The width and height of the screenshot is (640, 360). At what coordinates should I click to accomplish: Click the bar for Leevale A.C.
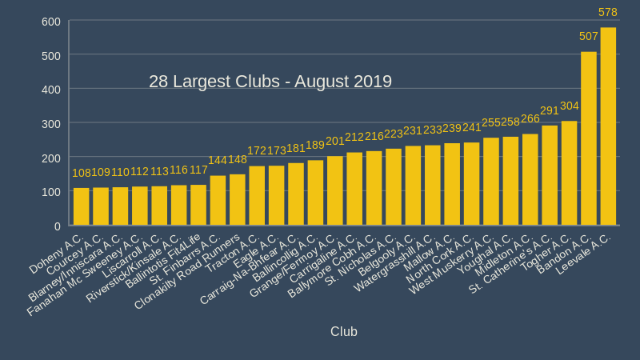[608, 126]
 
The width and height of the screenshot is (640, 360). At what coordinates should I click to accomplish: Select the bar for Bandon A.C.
[589, 138]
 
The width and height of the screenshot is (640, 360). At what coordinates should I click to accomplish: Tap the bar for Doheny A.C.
[81, 207]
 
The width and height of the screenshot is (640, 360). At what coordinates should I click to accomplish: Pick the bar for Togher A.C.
[569, 174]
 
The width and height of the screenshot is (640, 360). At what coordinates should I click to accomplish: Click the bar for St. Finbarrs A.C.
[218, 201]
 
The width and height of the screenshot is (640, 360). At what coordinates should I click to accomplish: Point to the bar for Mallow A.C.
[452, 185]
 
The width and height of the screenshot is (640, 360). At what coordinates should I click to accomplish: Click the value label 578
[608, 12]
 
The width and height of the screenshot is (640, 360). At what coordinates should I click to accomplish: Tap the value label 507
[589, 36]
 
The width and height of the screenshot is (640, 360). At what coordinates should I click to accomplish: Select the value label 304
[570, 106]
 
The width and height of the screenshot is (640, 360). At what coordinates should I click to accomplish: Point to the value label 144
[218, 160]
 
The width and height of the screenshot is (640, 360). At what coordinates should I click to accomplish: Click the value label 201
[334, 141]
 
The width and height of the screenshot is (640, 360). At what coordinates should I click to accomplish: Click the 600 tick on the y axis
[51, 21]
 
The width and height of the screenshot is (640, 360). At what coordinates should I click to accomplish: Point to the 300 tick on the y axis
[51, 123]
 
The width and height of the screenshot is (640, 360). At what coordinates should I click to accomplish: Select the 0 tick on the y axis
[58, 226]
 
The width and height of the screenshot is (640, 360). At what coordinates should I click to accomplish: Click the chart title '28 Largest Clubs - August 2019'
[270, 82]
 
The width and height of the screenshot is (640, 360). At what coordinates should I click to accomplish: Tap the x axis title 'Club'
[344, 331]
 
